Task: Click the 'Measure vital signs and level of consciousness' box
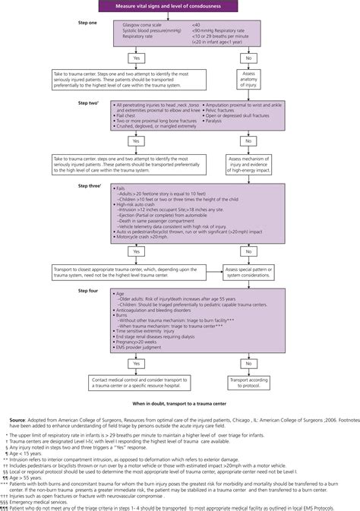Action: [179, 7]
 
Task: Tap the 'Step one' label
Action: [88, 24]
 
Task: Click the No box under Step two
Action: [248, 140]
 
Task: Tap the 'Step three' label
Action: [90, 185]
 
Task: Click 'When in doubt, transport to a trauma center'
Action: [179, 381]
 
